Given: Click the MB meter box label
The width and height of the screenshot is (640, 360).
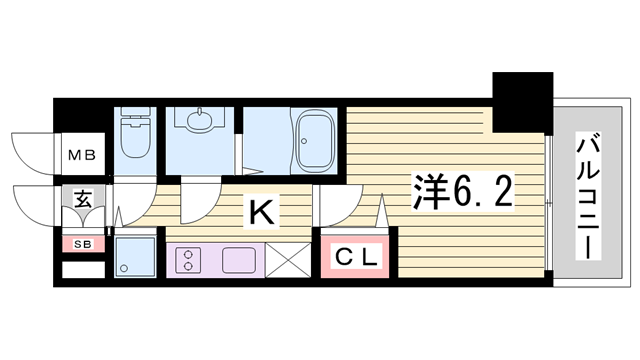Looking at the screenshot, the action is pos(82,155).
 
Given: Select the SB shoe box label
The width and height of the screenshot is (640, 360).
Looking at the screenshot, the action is pos(83,244).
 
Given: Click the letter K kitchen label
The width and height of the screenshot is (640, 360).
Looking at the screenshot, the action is pos(261,212).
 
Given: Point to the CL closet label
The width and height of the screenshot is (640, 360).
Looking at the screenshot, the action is pos(356,257).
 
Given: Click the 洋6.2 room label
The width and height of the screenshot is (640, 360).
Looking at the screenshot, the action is pos(462,192).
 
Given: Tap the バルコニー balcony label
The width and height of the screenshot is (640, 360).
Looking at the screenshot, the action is pos(588,196).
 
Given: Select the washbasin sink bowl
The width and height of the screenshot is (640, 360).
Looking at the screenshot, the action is pos(200,119).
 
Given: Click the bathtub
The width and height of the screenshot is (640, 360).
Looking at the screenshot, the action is pos(314,141).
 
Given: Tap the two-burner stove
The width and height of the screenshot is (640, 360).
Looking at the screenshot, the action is pos(188,260).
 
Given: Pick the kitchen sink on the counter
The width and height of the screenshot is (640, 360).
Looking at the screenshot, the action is pos(239,260).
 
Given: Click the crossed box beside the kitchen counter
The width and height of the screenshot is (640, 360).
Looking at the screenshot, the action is pos(288,260).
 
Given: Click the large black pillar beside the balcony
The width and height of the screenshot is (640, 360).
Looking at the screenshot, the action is pos(522,102).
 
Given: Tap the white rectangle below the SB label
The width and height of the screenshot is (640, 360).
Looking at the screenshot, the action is pos(83,270).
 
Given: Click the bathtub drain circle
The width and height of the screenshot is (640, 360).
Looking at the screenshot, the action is pos(304,141).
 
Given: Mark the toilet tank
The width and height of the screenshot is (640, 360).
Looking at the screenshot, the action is pos(135,114).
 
